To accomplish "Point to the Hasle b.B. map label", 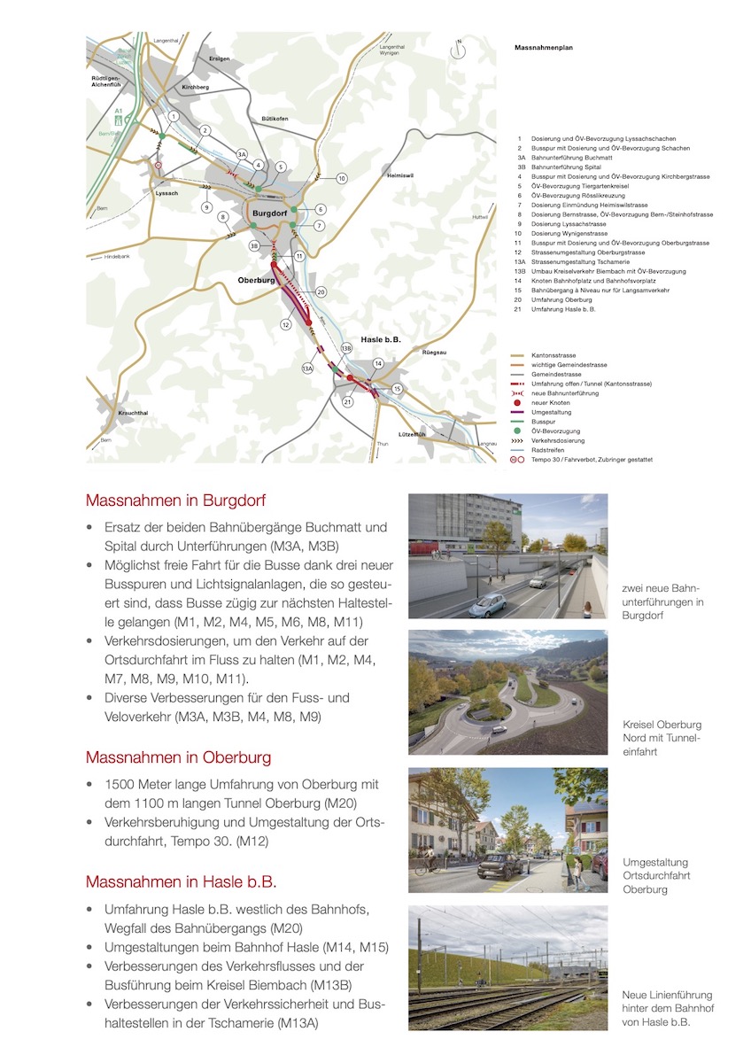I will [x=381, y=340].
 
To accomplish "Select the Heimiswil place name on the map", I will [x=401, y=175].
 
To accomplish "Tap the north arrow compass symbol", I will [x=458, y=50].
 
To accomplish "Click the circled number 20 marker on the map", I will [x=321, y=291].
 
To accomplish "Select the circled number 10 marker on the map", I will [x=342, y=178].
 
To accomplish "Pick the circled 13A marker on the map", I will [x=308, y=368].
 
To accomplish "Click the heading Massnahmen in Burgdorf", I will [x=175, y=500].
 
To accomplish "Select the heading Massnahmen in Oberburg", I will [x=178, y=757].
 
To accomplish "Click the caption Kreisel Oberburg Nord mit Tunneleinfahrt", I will [x=662, y=738].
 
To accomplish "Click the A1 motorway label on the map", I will [x=118, y=112].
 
